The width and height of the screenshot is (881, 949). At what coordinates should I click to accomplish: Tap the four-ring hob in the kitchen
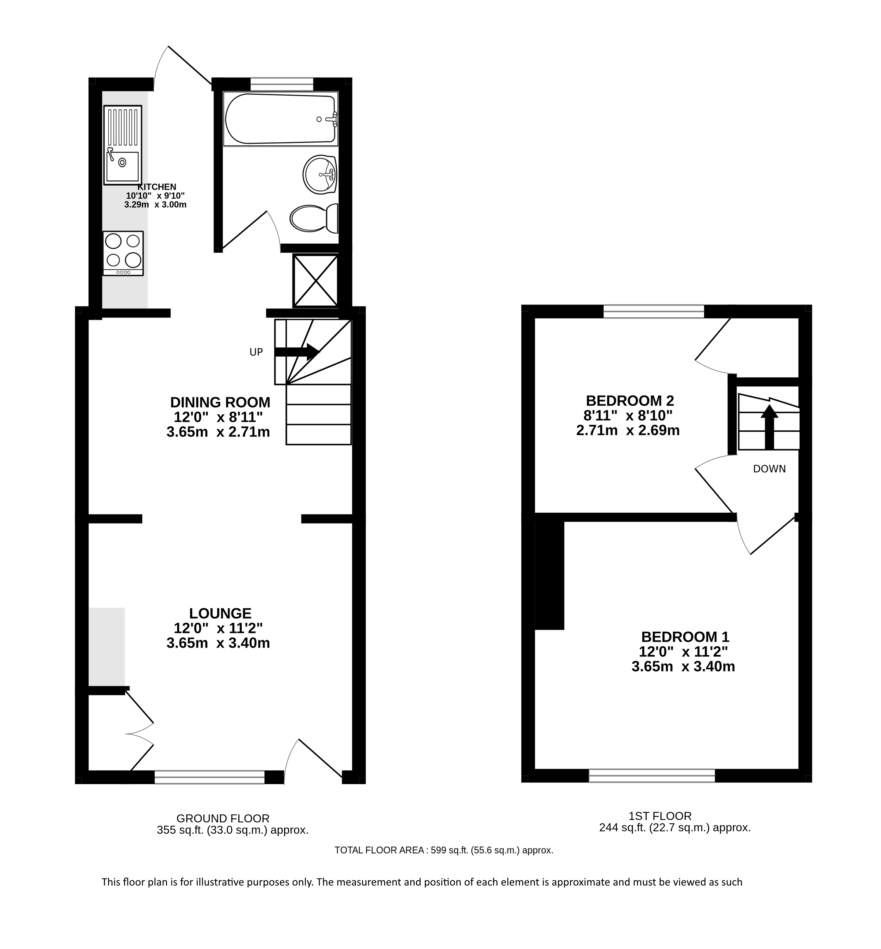pos(123,253)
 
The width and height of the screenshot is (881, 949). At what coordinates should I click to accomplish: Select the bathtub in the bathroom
pos(281,119)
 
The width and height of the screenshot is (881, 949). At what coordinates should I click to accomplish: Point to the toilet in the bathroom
pos(314,219)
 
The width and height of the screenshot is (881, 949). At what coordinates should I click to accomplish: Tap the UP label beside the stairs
pos(256,352)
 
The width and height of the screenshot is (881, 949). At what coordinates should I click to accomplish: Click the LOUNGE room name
pos(220,613)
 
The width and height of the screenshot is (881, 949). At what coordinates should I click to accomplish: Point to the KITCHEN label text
pos(157,187)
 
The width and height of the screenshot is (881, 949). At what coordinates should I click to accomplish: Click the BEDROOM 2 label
pos(630,400)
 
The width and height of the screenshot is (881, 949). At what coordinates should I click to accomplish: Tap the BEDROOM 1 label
pos(685,637)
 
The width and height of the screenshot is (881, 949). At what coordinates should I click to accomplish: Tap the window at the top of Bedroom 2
pos(654,312)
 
